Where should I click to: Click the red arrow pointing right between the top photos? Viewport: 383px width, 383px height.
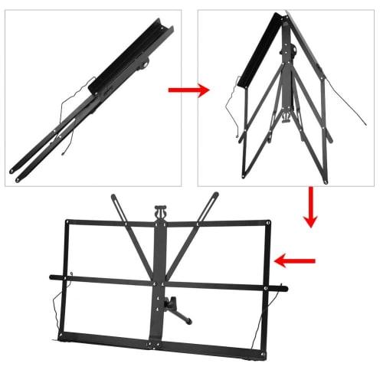click(x=188, y=90)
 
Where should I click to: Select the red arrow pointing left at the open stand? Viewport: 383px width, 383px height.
click(x=295, y=262)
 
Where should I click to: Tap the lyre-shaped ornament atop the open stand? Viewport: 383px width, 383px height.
click(x=161, y=211)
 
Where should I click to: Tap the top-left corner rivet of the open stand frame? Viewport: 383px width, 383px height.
click(x=67, y=223)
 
